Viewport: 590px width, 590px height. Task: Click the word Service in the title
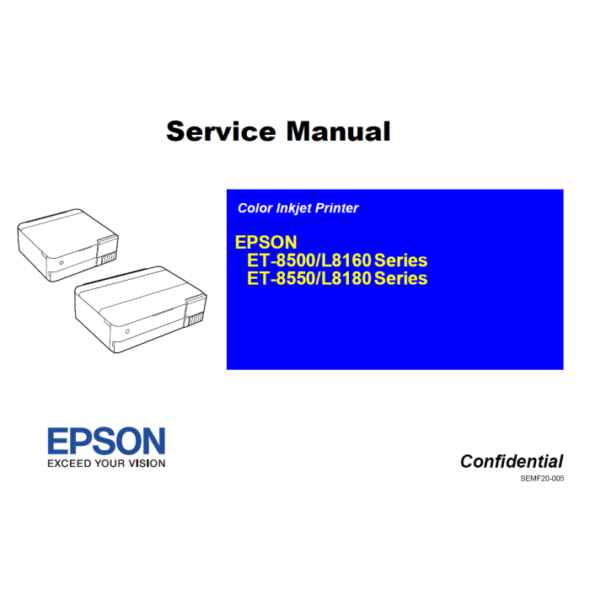click(x=221, y=131)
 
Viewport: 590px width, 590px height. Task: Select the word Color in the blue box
click(x=255, y=208)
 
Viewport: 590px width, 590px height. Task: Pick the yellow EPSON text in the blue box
click(x=265, y=242)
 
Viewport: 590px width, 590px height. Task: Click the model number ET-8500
click(x=280, y=260)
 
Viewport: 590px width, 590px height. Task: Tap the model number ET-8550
click(x=280, y=278)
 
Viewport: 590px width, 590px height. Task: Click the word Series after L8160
click(x=400, y=260)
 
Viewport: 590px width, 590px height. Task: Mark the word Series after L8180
click(x=400, y=278)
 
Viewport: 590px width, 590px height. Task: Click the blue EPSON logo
click(x=106, y=442)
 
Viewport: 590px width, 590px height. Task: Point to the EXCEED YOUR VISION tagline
click(x=106, y=463)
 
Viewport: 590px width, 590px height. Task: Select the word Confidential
click(x=512, y=461)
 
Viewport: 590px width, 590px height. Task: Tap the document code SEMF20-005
click(x=542, y=479)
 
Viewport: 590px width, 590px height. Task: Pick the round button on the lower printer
click(x=127, y=333)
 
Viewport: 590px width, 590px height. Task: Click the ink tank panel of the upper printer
click(x=107, y=252)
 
